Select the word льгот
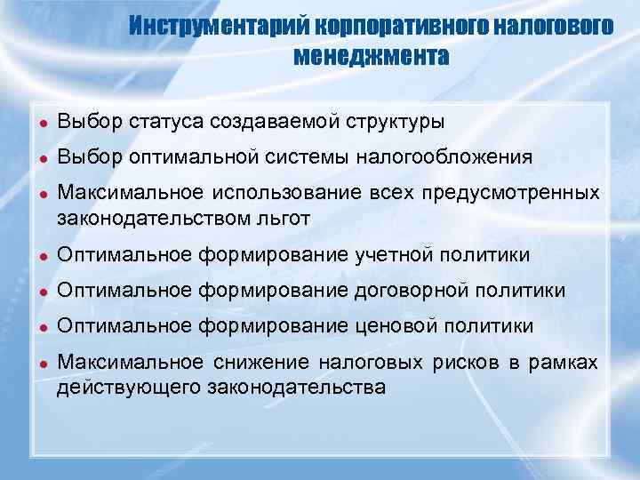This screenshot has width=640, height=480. (287, 218)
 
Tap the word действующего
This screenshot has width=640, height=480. (128, 388)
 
